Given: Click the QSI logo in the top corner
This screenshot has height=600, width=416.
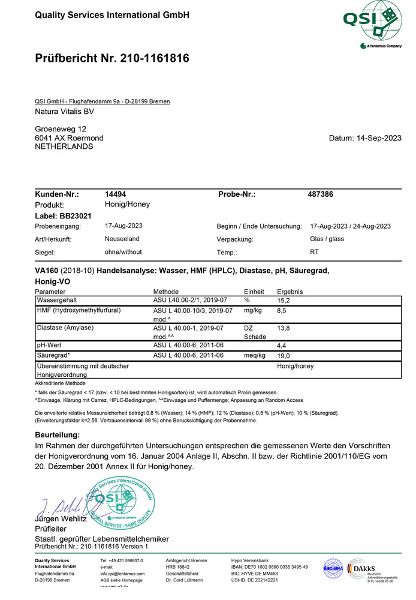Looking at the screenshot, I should click(x=372, y=24).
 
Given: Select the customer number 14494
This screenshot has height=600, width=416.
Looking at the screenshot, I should click(x=115, y=194).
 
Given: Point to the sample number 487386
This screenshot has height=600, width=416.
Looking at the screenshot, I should click(x=320, y=194).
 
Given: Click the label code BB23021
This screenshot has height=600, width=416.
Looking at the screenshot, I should click(x=75, y=216).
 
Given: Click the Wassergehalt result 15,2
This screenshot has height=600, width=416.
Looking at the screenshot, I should click(x=284, y=300).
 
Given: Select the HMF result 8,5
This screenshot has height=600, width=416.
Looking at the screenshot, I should click(x=282, y=311).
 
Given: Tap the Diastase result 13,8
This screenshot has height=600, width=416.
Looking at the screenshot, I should click(x=284, y=329).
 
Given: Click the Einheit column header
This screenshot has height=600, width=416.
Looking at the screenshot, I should click(x=254, y=291).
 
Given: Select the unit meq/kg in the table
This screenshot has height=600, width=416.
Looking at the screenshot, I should click(x=255, y=356).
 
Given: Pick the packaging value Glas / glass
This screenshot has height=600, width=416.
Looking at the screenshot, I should click(x=327, y=238).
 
